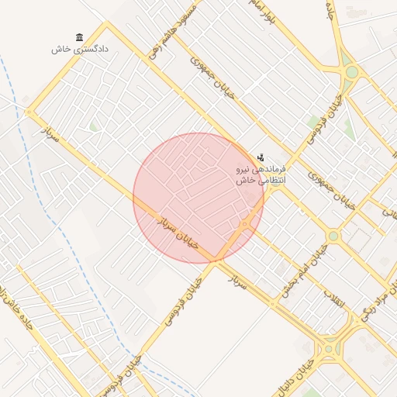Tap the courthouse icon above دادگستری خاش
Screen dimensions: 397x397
point(80,37)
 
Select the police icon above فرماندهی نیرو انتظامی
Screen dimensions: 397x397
point(260,157)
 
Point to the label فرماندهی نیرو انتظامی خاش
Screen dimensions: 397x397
point(261,174)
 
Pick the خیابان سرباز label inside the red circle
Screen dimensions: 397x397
point(179,232)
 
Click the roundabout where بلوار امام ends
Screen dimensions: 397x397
point(351,72)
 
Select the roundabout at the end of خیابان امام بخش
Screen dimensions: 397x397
point(333,235)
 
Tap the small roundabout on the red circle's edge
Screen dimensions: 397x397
point(245,224)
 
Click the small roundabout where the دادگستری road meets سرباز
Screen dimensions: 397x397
point(30,113)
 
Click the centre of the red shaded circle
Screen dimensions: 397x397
point(198,198)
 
